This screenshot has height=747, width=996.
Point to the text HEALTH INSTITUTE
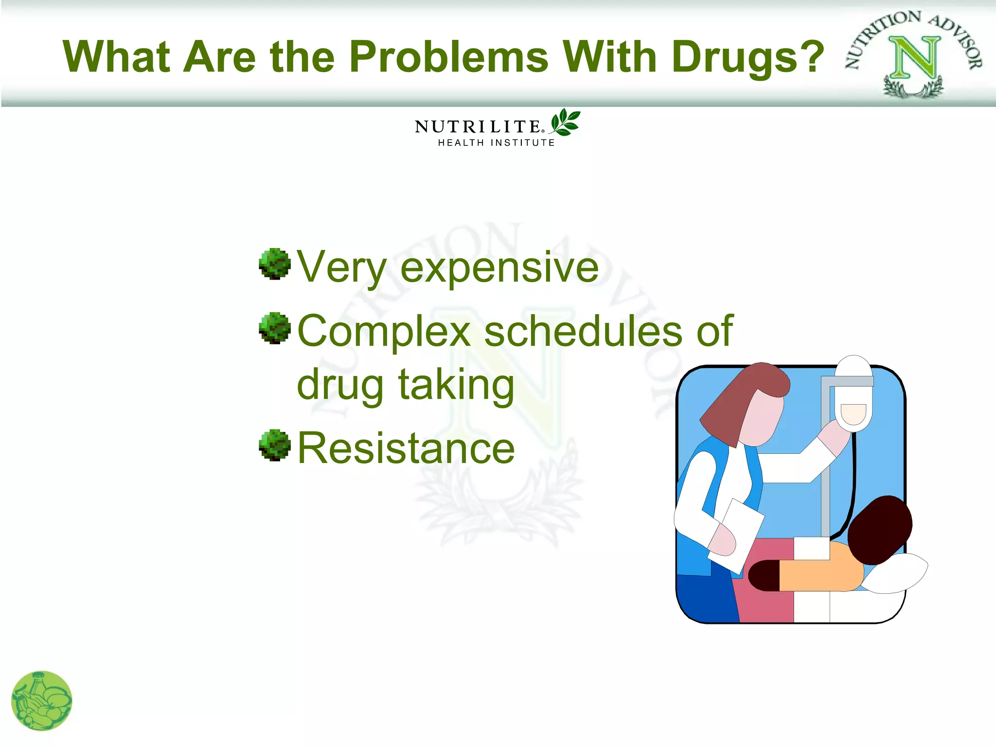point(496,143)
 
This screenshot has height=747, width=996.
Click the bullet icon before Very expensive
point(275,264)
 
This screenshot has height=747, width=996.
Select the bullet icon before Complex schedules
point(275,328)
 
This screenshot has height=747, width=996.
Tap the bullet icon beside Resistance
point(275,445)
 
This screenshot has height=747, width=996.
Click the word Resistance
point(406,448)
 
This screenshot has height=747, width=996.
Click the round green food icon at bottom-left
point(42,701)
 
